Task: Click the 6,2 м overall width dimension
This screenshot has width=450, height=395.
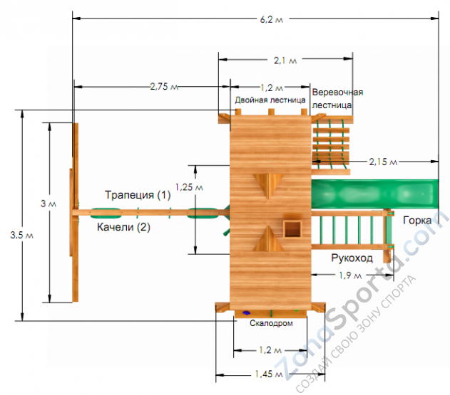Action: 272,19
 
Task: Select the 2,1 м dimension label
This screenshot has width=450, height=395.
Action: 285,60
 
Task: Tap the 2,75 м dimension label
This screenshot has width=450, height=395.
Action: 164,86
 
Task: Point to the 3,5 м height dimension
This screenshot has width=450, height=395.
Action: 22,235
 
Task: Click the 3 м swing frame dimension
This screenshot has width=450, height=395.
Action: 48,204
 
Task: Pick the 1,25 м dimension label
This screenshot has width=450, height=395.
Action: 189,187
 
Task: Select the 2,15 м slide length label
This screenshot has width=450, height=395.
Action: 383,162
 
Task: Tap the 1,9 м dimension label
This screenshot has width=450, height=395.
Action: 350,275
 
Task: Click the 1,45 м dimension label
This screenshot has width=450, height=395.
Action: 269,374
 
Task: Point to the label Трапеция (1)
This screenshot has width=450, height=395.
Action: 138,195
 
